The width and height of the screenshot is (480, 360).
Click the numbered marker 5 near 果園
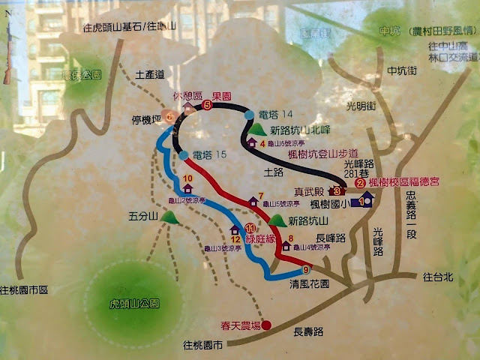[x=207, y=105]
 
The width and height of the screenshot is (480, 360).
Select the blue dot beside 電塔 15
[x=184, y=154]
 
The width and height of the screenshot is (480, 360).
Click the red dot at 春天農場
[x=266, y=325]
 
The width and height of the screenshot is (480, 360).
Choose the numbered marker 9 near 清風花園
[x=306, y=270]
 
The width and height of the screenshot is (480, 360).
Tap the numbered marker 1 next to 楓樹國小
[x=365, y=201]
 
